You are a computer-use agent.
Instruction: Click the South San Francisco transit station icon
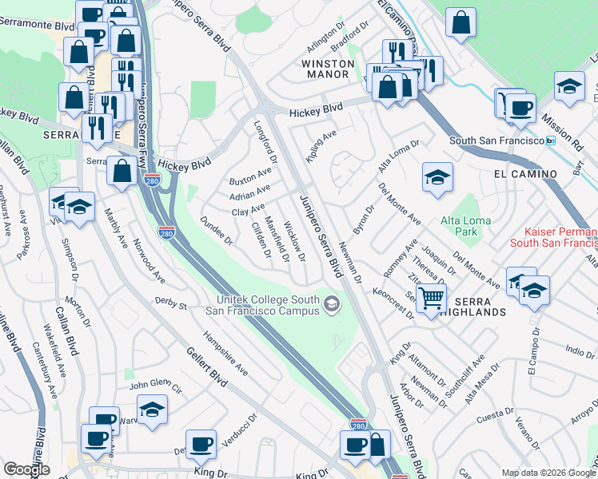550,141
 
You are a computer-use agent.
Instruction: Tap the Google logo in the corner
26,469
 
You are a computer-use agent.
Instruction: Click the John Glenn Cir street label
156,386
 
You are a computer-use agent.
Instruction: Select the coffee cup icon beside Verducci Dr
201,445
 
